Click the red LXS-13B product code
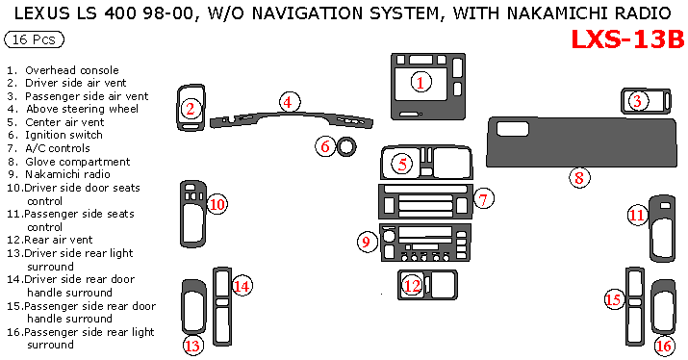pos(628,39)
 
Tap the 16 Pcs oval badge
pos(35,39)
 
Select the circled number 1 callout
pos(420,82)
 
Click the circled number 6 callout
pos(325,146)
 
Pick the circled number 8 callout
pos(579,178)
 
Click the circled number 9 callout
pos(367,242)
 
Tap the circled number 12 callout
pos(412,286)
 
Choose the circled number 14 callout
pos(242,286)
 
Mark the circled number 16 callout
pos(663,346)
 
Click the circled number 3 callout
pos(637,101)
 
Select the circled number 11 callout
pos(637,215)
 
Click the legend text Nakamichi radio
pos(67,174)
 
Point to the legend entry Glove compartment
pos(78,162)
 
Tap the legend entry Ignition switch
pos(64,135)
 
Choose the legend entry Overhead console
pos(72,70)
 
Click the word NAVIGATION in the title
pos(308,13)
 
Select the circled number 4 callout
pos(290,102)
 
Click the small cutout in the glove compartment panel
pos(513,129)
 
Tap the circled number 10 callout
pos(217,204)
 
